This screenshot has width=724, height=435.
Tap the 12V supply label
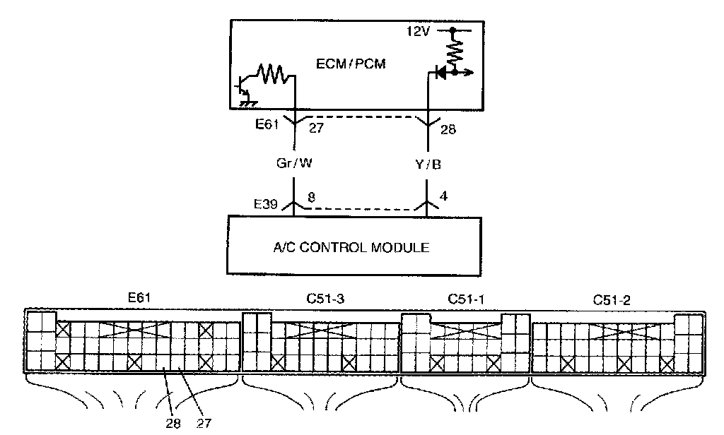pyautogui.click(x=417, y=32)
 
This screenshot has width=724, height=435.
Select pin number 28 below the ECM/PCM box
pyautogui.click(x=447, y=129)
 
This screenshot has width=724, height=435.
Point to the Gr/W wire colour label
pyautogui.click(x=294, y=163)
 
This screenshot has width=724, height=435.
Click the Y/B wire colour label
pyautogui.click(x=428, y=163)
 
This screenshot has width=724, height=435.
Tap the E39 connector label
pyautogui.click(x=267, y=203)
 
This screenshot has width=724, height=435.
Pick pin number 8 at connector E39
pyautogui.click(x=312, y=198)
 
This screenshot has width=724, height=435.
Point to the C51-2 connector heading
pyautogui.click(x=612, y=299)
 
